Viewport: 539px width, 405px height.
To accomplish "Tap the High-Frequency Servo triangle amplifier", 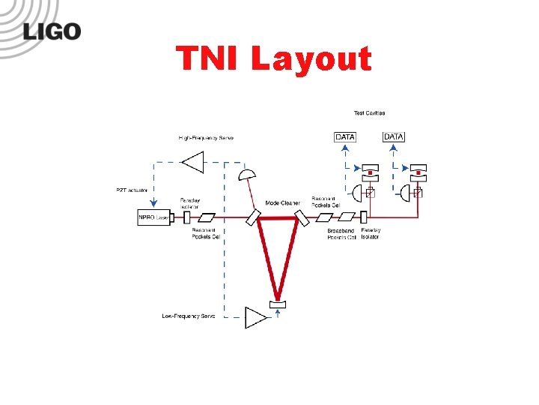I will tap(194, 161).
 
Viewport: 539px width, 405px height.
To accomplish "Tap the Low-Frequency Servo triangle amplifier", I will tap(255, 317).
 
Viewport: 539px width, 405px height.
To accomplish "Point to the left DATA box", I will tap(345, 137).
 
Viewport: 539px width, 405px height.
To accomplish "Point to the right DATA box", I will tap(394, 136).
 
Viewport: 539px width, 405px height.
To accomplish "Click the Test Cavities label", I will tap(369, 113).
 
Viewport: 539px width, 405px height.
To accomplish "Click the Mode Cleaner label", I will tap(282, 203).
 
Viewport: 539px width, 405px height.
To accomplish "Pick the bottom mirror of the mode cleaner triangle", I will tap(277, 304).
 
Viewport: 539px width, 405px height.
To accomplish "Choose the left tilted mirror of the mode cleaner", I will tap(253, 217).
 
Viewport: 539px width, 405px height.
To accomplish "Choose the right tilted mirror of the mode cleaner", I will tap(302, 217).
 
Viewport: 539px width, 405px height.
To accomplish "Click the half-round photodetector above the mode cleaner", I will tap(245, 177).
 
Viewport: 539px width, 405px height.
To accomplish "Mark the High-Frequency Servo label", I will tap(206, 138).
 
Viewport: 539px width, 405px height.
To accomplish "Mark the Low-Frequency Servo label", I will tap(188, 316).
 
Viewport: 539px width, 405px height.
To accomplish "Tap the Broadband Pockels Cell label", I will tap(341, 235).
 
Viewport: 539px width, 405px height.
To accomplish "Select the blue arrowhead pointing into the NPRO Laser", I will tap(155, 208).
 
